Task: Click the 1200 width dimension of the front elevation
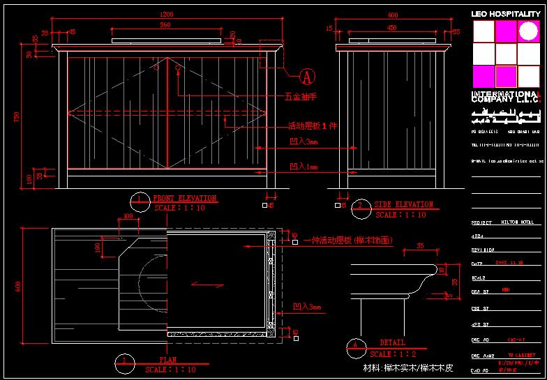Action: coord(166,15)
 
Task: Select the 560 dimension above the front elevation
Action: coord(165,25)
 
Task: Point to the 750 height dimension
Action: coord(17,117)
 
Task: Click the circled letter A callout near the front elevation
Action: coord(307,75)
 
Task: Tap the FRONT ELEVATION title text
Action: coord(184,199)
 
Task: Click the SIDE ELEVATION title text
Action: coord(404,205)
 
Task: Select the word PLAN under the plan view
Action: coord(167,360)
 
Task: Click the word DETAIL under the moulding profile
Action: coord(392,343)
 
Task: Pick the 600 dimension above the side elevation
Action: coord(393,15)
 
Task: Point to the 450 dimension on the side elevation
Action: coord(392,28)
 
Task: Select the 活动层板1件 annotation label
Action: coord(313,126)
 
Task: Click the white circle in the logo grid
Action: coord(528,31)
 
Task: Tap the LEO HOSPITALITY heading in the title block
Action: coord(505,13)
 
